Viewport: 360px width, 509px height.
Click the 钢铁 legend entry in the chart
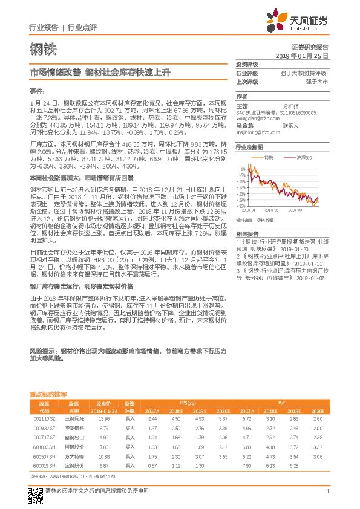269,157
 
